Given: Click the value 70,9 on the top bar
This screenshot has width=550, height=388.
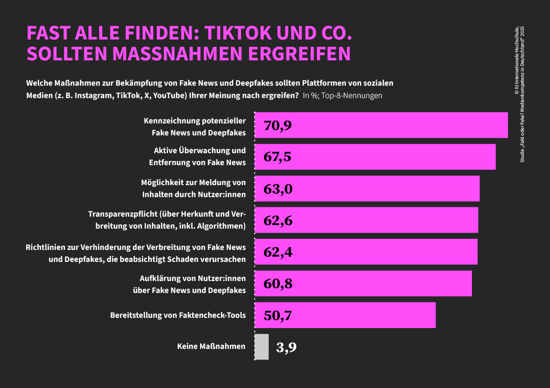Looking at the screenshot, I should tap(278, 126).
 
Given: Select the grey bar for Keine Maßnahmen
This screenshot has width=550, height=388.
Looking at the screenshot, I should tap(262, 347).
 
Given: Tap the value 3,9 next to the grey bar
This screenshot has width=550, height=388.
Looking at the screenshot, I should tap(286, 347).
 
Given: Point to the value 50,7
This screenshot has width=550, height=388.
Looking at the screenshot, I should tap(278, 316).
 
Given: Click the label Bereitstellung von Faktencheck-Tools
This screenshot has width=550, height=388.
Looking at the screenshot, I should tap(178, 315).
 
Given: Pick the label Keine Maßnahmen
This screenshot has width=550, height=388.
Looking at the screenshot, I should tap(211, 346).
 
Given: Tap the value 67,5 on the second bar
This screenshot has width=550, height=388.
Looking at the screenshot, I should tap(278, 157).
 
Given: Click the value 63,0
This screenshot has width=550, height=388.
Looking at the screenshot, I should tap(278, 189).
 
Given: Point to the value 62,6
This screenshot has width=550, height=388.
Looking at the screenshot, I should tap(278, 221).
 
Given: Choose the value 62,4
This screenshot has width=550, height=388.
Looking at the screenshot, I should tap(278, 252).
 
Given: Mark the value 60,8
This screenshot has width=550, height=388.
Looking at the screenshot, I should tap(278, 284).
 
